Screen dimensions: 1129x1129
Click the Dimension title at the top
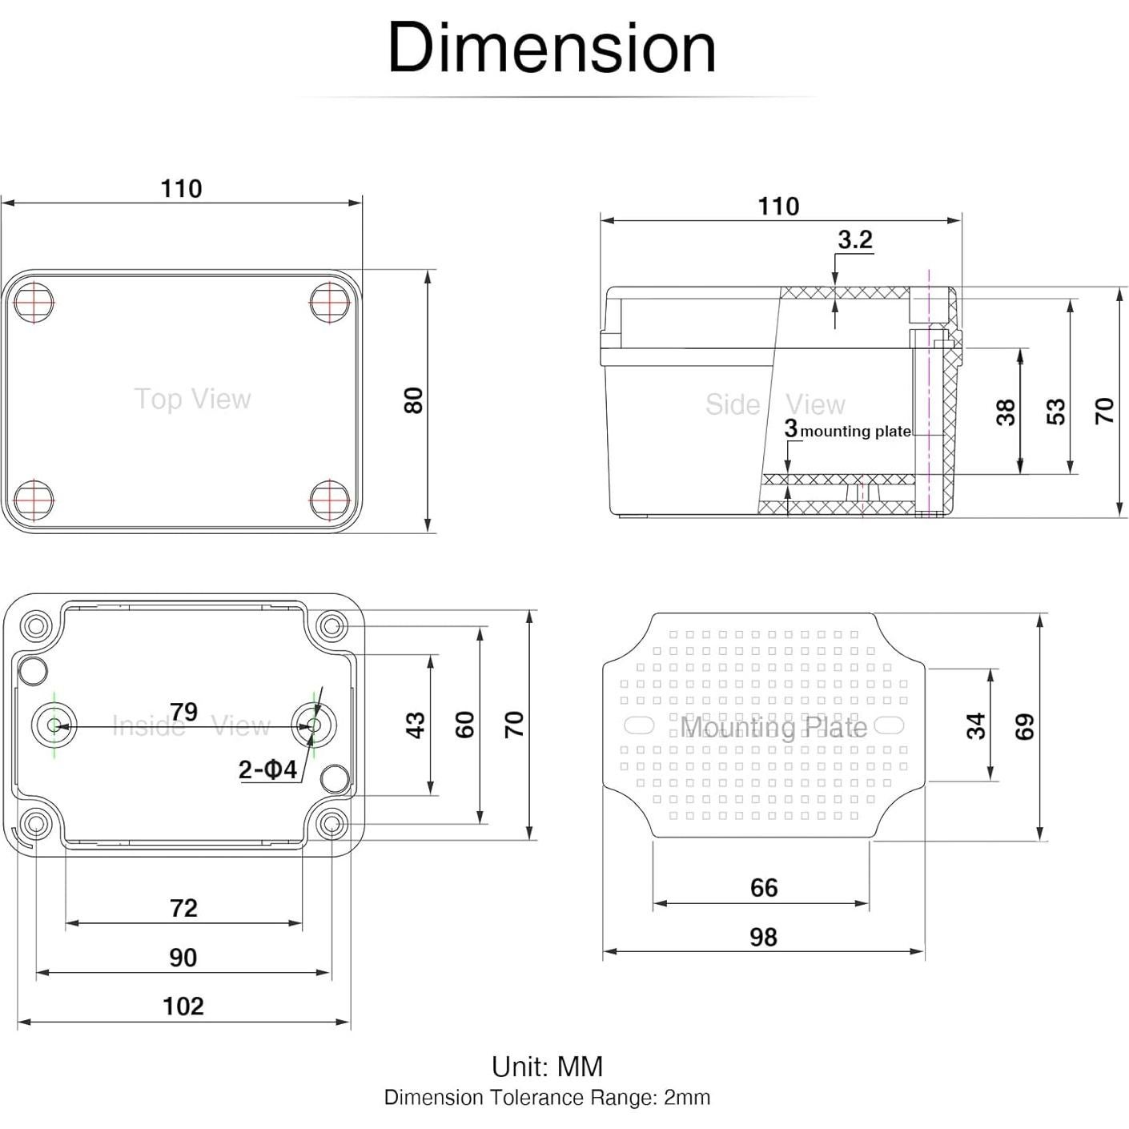(x=551, y=48)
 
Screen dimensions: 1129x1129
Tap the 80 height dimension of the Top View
(x=413, y=400)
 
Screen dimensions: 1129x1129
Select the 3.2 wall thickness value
(x=854, y=239)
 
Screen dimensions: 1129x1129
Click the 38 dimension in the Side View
(x=1006, y=412)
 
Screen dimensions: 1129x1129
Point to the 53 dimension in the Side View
(x=1056, y=412)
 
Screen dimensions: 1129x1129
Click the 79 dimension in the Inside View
(x=183, y=711)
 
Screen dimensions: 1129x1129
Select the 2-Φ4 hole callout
(x=267, y=769)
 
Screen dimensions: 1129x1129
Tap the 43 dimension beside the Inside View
(x=415, y=725)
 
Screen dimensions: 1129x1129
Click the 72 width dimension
(x=183, y=907)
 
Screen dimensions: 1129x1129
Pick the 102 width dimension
(x=183, y=1006)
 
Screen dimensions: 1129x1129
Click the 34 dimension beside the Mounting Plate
(x=975, y=726)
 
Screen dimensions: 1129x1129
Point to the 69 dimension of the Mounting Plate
(x=1025, y=726)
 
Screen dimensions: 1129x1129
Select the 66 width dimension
(x=764, y=887)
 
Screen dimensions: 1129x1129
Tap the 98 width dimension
(x=763, y=937)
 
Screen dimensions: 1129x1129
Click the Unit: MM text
(x=547, y=1067)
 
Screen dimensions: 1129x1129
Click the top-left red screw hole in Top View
(x=34, y=303)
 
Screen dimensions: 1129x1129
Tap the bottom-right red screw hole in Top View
(x=330, y=500)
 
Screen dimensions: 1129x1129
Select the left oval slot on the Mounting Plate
(x=639, y=725)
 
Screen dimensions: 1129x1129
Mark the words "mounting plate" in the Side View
(x=855, y=432)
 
